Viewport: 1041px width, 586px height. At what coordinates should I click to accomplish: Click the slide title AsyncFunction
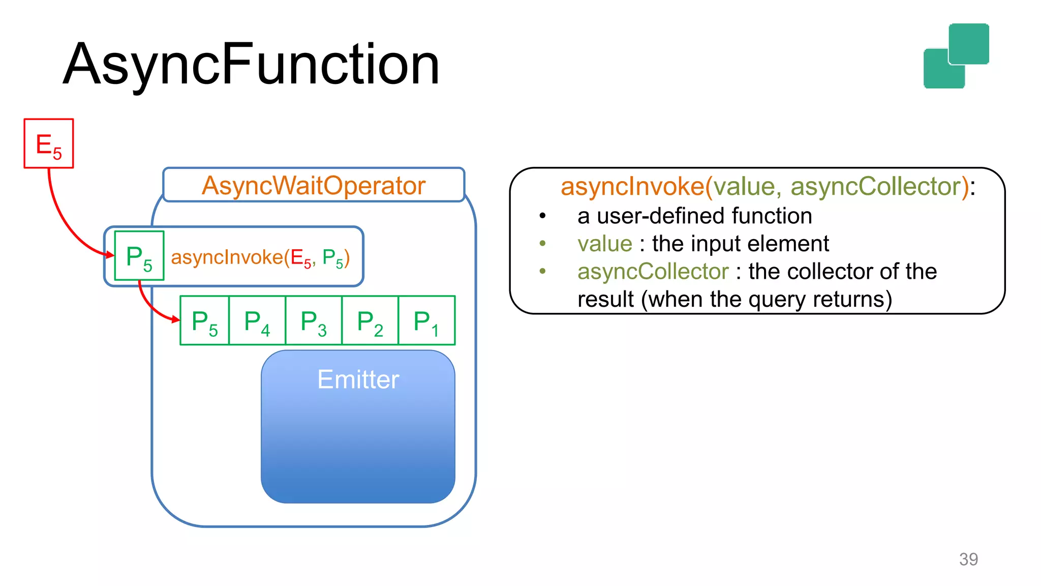251,65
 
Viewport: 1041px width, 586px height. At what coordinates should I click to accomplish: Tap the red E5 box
49,143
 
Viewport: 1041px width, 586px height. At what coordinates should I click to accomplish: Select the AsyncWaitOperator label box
314,185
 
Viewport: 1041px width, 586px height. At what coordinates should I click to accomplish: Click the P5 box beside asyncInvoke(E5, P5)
139,256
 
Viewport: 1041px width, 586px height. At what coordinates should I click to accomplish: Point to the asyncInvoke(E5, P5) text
260,258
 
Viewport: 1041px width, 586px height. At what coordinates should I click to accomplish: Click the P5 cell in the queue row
205,321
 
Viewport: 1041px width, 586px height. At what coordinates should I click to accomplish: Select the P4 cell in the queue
257,321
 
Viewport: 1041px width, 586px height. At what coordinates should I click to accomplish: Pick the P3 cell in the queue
314,321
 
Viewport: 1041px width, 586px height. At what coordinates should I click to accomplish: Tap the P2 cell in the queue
370,321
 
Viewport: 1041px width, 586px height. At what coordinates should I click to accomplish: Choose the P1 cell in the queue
426,321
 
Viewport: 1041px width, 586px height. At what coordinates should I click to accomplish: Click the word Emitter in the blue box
358,379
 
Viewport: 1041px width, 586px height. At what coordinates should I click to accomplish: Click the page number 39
968,559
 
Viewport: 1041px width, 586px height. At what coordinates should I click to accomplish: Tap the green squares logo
956,56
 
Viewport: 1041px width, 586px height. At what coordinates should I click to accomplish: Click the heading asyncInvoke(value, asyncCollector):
768,187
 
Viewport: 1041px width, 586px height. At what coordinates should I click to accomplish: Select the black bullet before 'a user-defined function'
543,216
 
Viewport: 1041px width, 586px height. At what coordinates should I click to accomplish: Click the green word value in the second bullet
604,244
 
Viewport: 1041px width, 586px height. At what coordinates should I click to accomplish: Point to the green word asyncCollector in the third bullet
653,271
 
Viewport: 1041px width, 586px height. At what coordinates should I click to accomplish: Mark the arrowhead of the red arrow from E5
110,254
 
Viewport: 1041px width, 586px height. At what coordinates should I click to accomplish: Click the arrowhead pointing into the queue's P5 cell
176,319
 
